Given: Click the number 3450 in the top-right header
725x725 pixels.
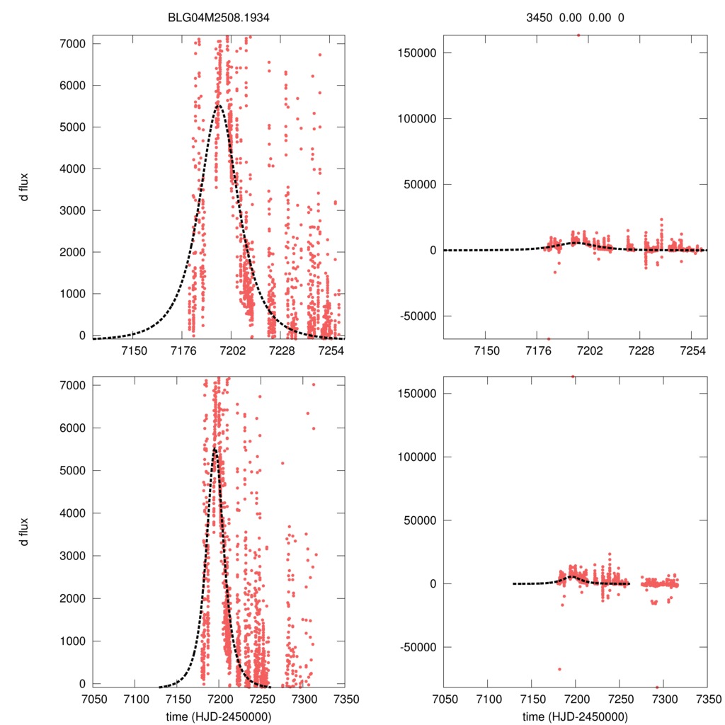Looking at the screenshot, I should click(x=543, y=18).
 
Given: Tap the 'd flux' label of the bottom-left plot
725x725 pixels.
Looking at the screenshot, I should click(x=24, y=531).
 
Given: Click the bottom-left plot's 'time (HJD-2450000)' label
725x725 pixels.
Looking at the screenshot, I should click(x=218, y=717).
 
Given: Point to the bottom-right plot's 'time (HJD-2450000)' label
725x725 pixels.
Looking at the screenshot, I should click(x=575, y=717).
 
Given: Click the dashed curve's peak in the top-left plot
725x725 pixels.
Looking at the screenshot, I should click(x=218, y=105).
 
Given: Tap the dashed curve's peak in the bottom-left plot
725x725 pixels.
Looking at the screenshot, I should click(x=214, y=447).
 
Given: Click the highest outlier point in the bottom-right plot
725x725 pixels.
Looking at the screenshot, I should click(x=573, y=377).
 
